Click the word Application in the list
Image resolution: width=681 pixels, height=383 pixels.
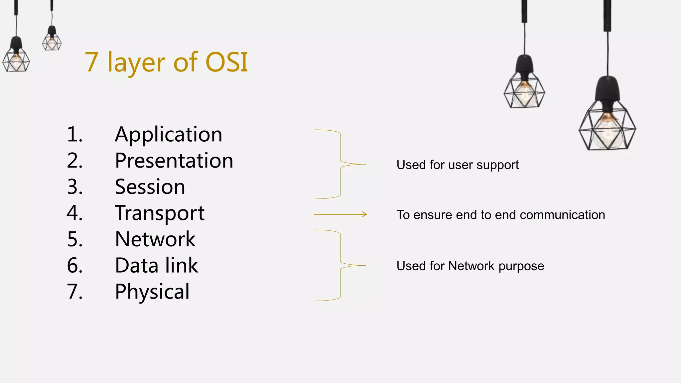[168, 135]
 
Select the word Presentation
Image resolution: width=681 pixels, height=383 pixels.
[174, 161]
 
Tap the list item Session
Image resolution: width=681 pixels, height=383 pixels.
[150, 187]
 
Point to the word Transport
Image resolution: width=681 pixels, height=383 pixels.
[160, 213]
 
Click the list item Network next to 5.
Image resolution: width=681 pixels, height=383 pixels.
[155, 239]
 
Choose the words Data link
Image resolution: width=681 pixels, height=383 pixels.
[156, 266]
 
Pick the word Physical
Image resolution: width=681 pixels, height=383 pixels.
[152, 292]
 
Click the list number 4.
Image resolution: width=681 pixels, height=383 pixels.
[74, 213]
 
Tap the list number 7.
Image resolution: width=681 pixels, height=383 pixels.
[74, 292]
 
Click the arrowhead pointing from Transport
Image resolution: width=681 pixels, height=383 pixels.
[365, 214]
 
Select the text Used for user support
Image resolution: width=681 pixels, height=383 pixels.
[458, 165]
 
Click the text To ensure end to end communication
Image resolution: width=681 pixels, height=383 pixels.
[500, 215]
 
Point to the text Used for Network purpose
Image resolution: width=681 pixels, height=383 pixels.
[470, 266]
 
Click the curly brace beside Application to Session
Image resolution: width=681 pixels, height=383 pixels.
[340, 164]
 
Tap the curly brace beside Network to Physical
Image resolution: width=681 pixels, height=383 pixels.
[340, 265]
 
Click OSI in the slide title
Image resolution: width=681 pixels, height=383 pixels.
[227, 62]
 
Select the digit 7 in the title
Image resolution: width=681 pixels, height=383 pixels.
[91, 62]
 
